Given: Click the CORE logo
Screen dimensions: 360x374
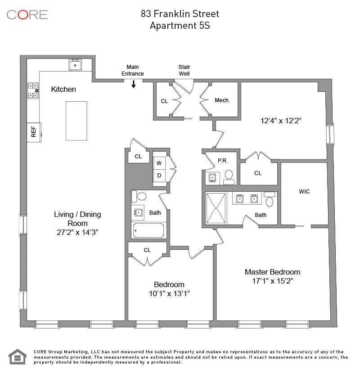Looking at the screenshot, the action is (x=27, y=15).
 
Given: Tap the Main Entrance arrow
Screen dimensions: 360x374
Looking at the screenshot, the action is (x=134, y=84).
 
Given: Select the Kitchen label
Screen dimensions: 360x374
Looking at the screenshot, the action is (x=63, y=89).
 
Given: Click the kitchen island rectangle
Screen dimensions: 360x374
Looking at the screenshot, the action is (x=76, y=121).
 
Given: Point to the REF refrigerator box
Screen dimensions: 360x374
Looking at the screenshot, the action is (x=34, y=132).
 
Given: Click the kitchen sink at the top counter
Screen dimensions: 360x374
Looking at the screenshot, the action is (x=75, y=65).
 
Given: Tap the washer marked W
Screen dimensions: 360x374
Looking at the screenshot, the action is (x=159, y=163).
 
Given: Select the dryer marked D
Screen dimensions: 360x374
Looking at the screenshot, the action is (x=159, y=176).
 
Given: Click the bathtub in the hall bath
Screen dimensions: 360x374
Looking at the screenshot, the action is (x=148, y=230).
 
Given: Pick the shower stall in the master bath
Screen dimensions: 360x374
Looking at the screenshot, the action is (x=216, y=208).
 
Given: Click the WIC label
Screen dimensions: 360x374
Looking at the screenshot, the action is (x=304, y=192).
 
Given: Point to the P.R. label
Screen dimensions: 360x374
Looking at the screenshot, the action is (x=223, y=161).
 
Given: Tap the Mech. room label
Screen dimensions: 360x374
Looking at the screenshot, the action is (x=222, y=100).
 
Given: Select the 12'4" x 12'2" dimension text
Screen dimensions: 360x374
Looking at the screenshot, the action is (x=281, y=121).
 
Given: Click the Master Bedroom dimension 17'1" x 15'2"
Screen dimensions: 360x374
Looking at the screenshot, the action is (x=273, y=281).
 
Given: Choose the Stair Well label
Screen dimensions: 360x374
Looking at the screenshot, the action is (x=184, y=70).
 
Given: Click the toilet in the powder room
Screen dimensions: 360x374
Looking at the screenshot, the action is (x=229, y=175).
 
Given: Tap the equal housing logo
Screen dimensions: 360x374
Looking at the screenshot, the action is (x=18, y=357).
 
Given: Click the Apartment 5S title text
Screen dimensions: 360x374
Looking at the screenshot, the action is (x=180, y=26).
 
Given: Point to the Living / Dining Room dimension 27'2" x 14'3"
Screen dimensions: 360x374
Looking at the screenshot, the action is (x=77, y=232).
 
